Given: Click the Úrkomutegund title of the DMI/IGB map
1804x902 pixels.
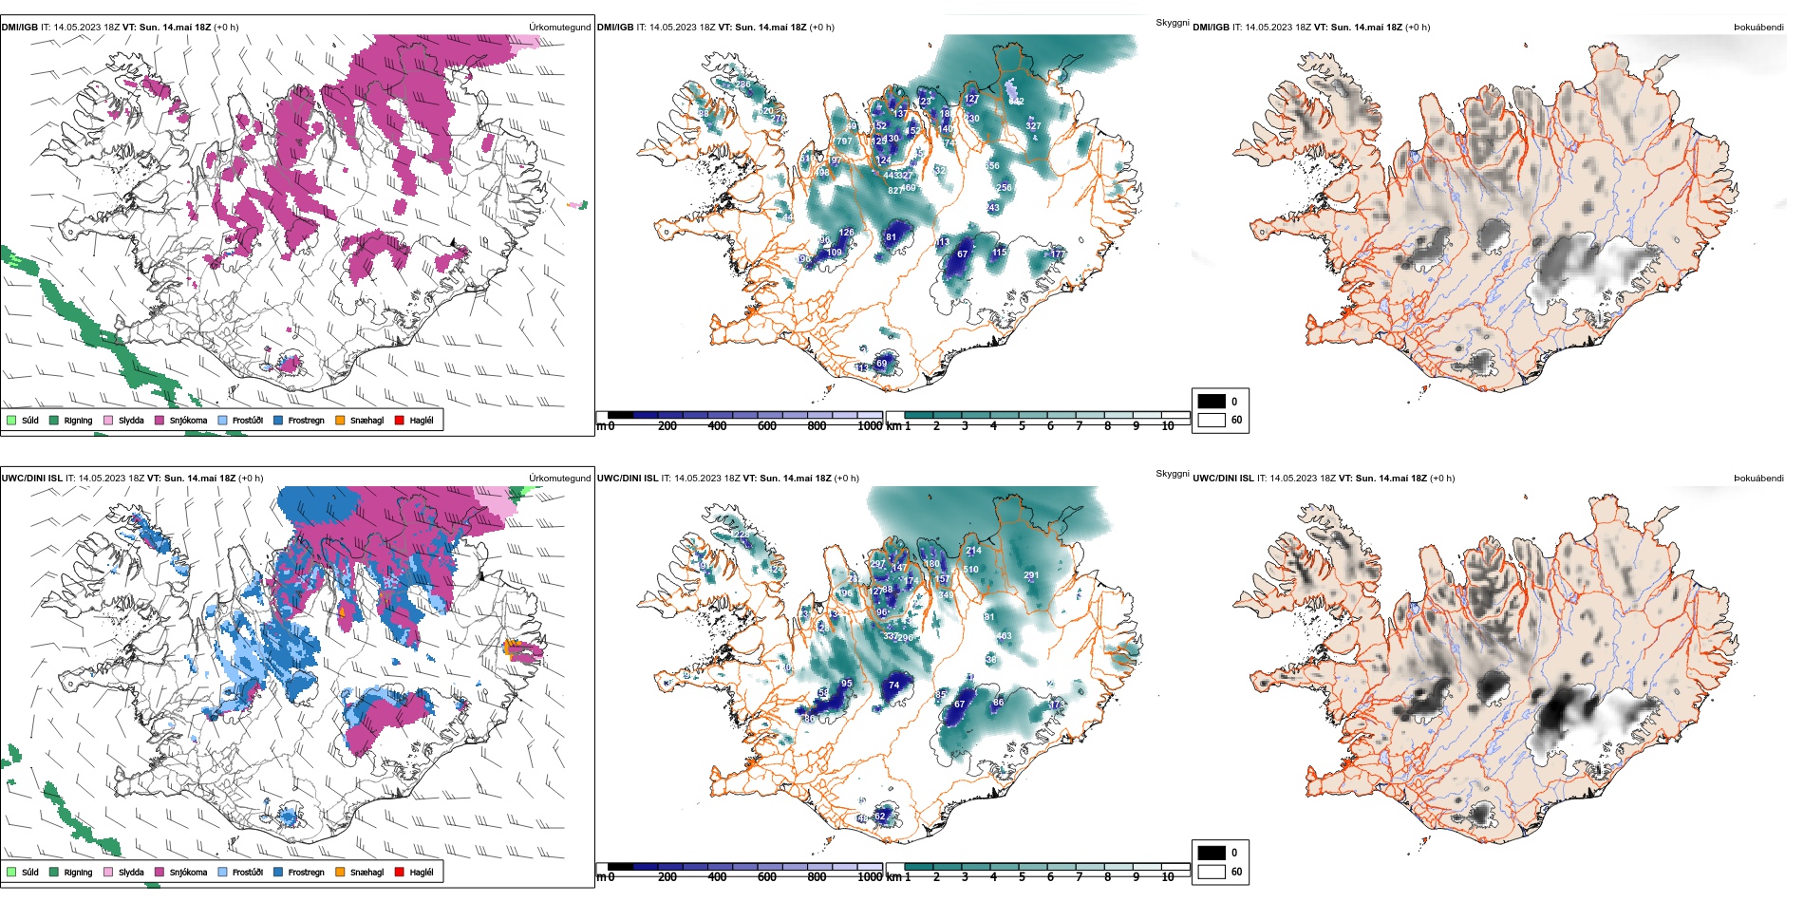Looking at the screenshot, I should tap(559, 28).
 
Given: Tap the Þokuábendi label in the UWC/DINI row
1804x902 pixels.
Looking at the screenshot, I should tap(1758, 479).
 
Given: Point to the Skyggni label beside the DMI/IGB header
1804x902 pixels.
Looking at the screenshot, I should tap(1172, 23).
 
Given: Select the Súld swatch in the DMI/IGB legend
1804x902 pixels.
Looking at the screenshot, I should tap(11, 421).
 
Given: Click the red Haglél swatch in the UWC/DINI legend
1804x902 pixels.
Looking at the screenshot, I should tap(400, 872).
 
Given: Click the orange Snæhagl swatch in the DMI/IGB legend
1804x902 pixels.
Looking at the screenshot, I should tap(340, 421).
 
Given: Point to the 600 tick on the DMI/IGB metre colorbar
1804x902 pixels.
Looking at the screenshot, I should tap(767, 426).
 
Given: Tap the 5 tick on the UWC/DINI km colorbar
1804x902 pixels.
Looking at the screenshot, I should tap(1022, 877).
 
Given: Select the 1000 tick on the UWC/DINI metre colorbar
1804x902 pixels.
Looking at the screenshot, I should tap(870, 877).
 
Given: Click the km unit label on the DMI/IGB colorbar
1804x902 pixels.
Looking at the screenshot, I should tap(893, 426).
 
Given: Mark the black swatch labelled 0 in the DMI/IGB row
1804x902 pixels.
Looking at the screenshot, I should tap(1212, 402).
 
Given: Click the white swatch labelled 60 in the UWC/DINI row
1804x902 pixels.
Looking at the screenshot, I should tap(1212, 872).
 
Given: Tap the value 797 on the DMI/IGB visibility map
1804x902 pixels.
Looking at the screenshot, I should tap(844, 141).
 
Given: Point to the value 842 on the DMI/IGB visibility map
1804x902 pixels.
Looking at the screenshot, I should tap(1016, 102).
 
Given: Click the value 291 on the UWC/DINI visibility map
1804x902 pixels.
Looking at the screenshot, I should tap(1031, 575).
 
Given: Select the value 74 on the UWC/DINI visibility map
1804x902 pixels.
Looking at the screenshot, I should tap(893, 685).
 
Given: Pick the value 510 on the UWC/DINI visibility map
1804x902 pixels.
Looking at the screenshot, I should tap(970, 570).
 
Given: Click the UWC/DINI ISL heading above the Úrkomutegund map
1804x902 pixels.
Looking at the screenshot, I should tap(31, 479).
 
